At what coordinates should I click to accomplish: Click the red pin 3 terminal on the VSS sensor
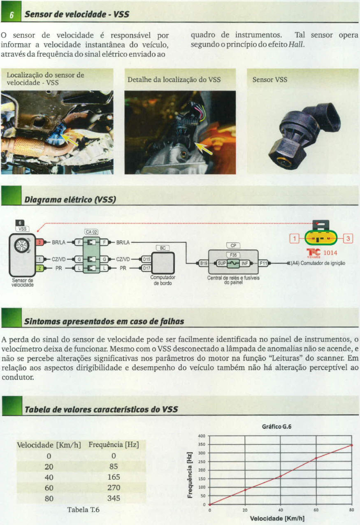pos(40,242)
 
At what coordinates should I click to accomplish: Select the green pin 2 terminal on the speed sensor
pos(39,268)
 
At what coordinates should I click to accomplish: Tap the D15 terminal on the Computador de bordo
pos(146,259)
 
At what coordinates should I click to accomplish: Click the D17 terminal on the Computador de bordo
pos(146,268)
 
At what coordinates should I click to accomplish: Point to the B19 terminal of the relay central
pos(203,263)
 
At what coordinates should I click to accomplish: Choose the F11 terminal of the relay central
pos(263,263)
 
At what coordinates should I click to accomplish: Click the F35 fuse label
pos(233,255)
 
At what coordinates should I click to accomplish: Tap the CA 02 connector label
pos(91,232)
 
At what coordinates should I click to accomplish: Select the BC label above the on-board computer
pos(163,248)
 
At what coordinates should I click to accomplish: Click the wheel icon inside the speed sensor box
pos(22,245)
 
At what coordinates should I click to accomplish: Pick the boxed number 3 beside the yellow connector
pos(348,238)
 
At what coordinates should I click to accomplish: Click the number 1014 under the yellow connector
pos(330,253)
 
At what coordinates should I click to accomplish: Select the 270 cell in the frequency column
pos(114,488)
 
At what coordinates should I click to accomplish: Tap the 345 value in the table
pos(114,498)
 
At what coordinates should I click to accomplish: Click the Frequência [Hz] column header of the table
pos(114,445)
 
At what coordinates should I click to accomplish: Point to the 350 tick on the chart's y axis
pos(202,444)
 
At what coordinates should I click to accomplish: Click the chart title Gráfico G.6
pos(276,427)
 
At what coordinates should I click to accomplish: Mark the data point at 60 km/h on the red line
pos(316,458)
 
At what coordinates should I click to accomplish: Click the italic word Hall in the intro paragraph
pos(296,44)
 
